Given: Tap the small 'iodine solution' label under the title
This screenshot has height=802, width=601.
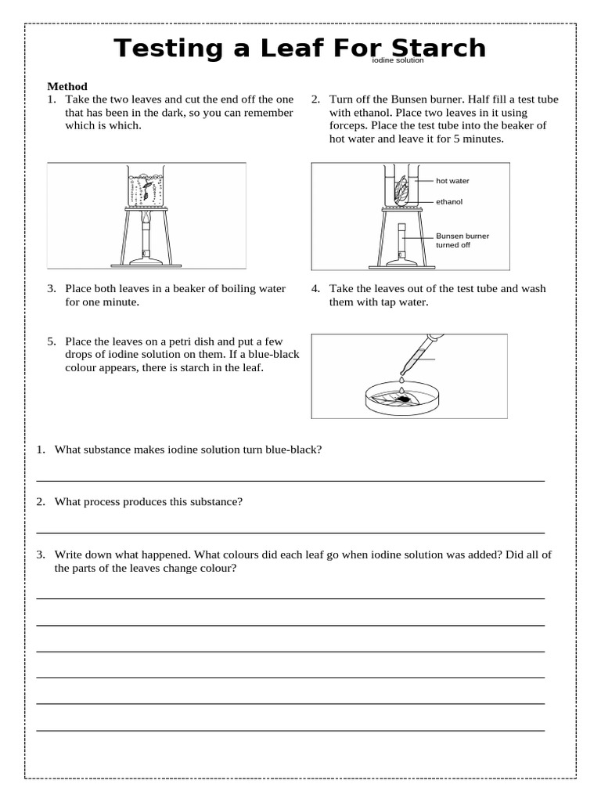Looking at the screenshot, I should click(x=398, y=60).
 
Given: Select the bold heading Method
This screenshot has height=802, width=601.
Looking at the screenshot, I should click(x=67, y=86).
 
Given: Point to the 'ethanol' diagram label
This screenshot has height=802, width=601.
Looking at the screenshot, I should click(x=449, y=201).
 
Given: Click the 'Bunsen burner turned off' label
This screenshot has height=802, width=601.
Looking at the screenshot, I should click(x=462, y=240).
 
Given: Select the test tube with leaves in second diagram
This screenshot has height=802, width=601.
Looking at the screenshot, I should click(x=401, y=188).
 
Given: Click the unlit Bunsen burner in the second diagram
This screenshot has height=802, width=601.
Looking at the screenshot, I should click(x=401, y=243).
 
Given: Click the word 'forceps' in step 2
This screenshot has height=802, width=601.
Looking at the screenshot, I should click(x=350, y=125).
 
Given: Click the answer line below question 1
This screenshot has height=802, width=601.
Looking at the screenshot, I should click(x=290, y=479).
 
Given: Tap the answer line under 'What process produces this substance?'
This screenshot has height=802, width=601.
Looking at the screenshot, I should click(x=290, y=532).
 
